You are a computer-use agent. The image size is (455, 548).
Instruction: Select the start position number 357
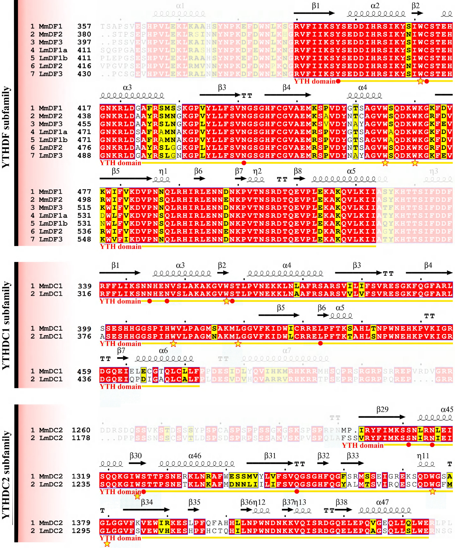point(84,26)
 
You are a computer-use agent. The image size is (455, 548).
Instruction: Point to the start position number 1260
point(81,430)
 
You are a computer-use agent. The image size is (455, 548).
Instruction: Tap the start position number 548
point(84,239)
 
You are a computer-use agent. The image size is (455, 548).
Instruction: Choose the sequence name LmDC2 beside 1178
point(51,438)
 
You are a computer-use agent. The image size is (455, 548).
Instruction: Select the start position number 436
point(84,379)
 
